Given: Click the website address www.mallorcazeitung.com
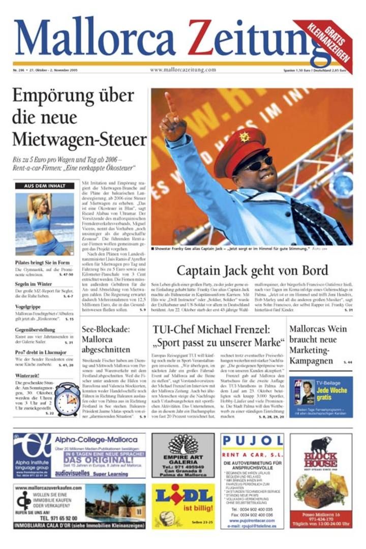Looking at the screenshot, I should [184, 70].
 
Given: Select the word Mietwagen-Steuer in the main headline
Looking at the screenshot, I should [79, 138].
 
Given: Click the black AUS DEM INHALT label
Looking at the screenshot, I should [45, 186].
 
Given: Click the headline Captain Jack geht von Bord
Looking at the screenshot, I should [252, 271].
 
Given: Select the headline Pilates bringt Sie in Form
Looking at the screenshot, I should [42, 263].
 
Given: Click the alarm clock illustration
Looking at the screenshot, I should [67, 399].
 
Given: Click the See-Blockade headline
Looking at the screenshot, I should [106, 339].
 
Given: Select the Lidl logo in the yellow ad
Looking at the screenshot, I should [183, 497].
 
